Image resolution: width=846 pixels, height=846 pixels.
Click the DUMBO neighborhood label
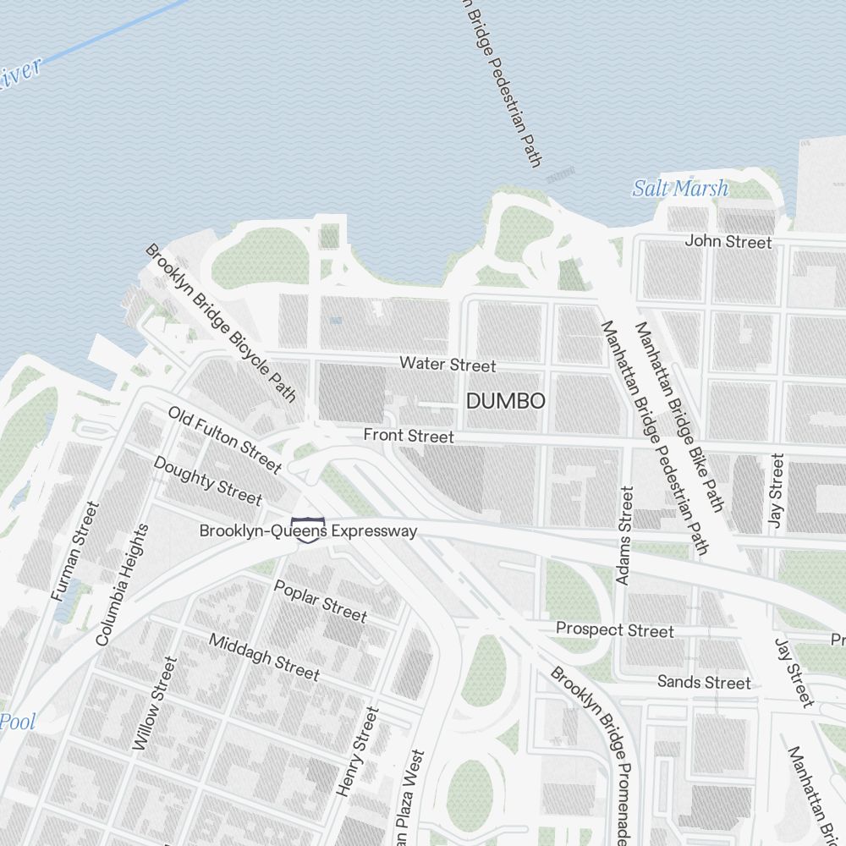[506, 401]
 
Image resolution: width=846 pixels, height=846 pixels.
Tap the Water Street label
[448, 365]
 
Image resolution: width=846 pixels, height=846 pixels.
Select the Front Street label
[409, 436]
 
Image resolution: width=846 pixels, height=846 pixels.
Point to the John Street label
[728, 242]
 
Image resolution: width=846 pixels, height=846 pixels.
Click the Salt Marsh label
[680, 188]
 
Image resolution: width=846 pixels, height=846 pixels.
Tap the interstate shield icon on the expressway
[307, 529]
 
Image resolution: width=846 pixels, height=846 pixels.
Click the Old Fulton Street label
[224, 439]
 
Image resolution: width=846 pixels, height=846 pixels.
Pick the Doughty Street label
[207, 480]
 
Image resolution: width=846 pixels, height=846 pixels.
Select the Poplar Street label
[321, 600]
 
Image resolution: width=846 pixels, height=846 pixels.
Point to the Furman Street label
[75, 552]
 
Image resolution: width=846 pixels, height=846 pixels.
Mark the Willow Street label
[156, 704]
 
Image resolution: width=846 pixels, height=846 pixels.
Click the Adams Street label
[624, 535]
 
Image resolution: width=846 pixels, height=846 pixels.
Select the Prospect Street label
[615, 630]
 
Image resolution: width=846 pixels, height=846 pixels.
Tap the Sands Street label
[704, 682]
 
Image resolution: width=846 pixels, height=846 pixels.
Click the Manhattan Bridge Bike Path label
[679, 416]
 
